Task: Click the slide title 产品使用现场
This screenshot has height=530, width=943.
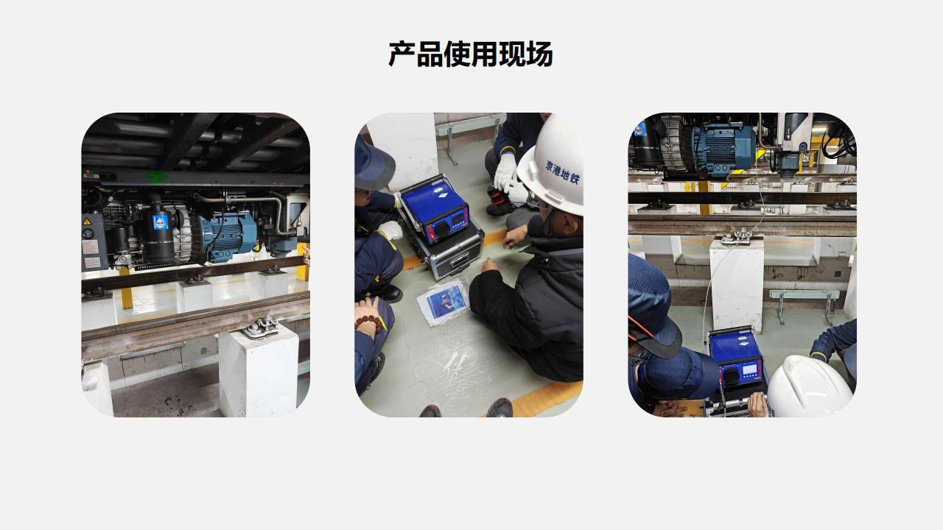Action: pyautogui.click(x=470, y=54)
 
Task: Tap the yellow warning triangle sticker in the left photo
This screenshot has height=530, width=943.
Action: pyautogui.click(x=87, y=222)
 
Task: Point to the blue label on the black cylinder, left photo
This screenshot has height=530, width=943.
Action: pyautogui.click(x=161, y=222)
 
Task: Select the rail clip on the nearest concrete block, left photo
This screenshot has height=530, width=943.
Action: pyautogui.click(x=260, y=327)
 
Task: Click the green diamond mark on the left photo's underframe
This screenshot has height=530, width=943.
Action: pyautogui.click(x=156, y=177)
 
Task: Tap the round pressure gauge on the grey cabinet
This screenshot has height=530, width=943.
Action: pyautogui.click(x=89, y=234)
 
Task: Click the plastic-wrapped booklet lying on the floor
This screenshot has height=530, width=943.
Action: pyautogui.click(x=442, y=300)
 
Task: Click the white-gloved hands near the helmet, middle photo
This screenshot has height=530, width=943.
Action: pyautogui.click(x=506, y=177)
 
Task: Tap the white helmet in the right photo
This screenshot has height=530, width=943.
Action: pyautogui.click(x=809, y=387)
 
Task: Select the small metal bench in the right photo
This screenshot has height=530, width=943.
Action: pyautogui.click(x=804, y=300)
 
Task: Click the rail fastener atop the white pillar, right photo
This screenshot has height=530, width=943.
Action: pyautogui.click(x=736, y=237)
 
